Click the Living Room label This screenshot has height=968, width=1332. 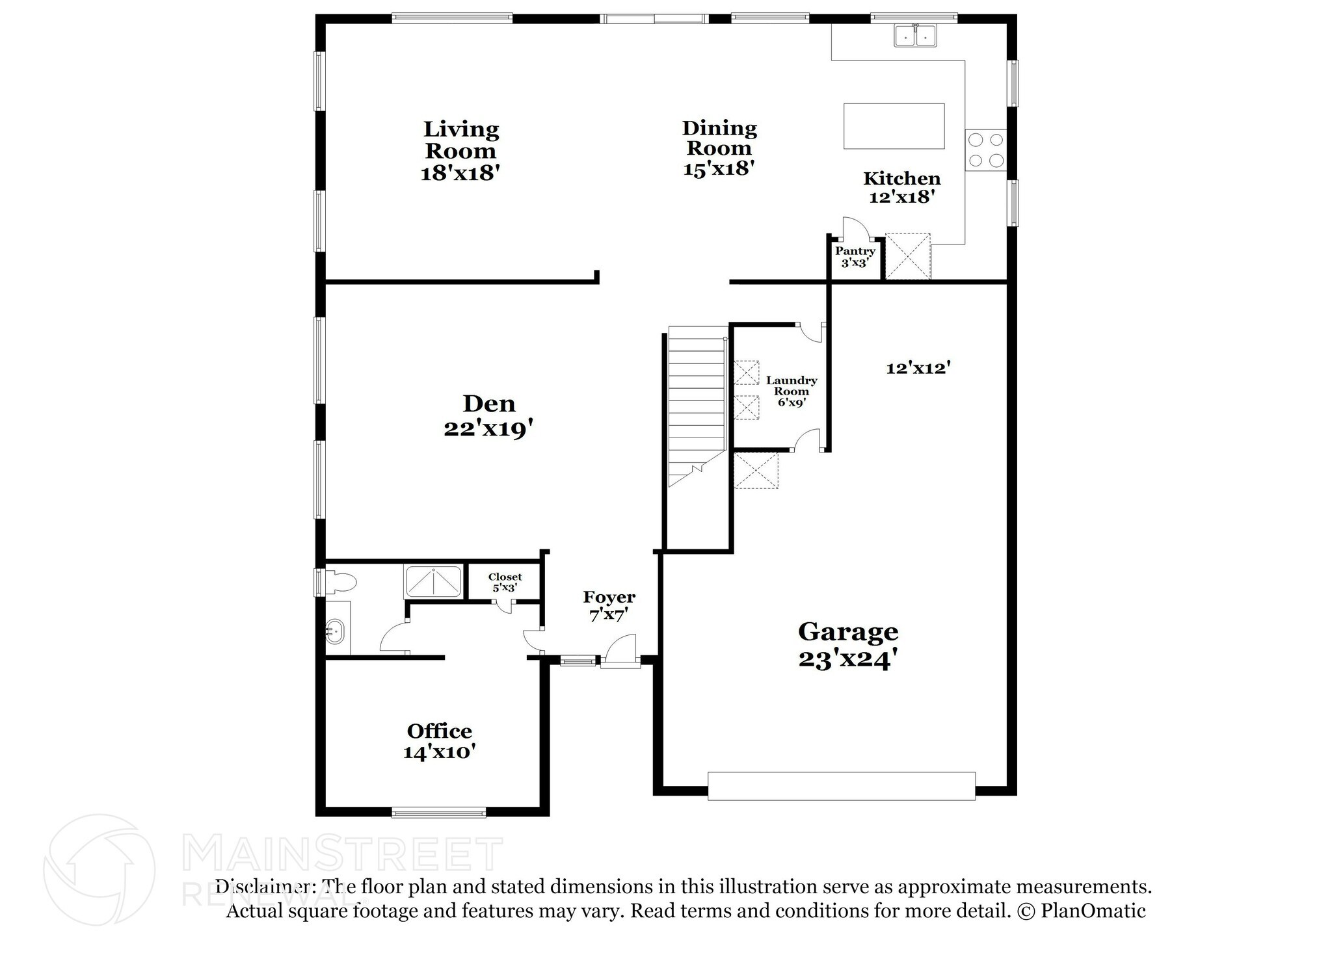(460, 140)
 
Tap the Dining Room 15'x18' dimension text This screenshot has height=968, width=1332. (719, 168)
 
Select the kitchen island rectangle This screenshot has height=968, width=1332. (894, 126)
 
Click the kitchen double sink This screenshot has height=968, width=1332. (914, 36)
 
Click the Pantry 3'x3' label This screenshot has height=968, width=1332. (855, 257)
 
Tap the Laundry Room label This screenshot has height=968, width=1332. (791, 386)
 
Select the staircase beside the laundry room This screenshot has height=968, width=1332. (697, 403)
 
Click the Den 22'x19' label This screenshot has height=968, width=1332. (489, 416)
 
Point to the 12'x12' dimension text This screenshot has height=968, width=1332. (918, 368)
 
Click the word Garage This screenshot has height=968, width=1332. (848, 631)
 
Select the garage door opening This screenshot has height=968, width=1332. (841, 785)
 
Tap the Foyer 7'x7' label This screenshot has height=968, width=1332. (609, 605)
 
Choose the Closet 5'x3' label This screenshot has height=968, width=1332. (505, 582)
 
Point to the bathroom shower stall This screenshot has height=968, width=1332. (433, 581)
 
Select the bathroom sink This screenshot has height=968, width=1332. (335, 629)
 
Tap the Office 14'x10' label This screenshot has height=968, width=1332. (439, 741)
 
